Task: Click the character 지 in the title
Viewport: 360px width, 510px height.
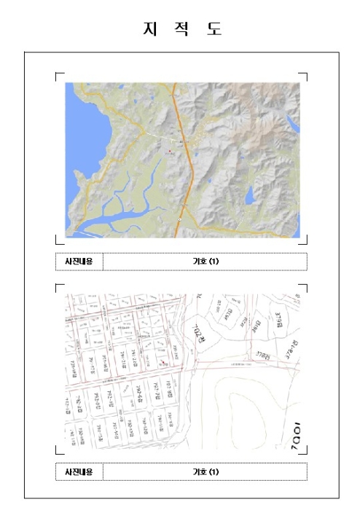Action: click(151, 29)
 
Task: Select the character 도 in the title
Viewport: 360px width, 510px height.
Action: click(214, 29)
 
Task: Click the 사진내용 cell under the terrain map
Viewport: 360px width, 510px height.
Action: click(79, 261)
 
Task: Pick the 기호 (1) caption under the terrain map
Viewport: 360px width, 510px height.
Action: click(205, 261)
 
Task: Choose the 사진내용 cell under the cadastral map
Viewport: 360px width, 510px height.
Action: click(79, 471)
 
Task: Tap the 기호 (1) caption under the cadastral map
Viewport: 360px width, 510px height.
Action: click(205, 471)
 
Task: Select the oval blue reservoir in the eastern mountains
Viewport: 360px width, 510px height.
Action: click(249, 195)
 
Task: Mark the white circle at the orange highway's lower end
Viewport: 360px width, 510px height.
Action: click(179, 219)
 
